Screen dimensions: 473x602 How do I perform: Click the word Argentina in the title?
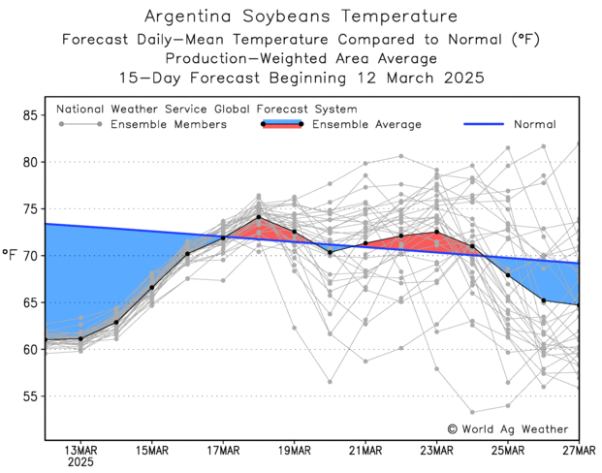pos(186,16)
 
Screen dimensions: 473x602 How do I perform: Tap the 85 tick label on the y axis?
pos(30,115)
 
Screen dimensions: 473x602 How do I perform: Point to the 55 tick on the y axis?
pos(30,396)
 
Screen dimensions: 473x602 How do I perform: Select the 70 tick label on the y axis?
pos(30,256)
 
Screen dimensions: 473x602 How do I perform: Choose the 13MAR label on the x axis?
pos(80,451)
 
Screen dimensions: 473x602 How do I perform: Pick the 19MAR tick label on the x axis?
pos(294,451)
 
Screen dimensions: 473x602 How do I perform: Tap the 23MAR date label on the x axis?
pos(436,451)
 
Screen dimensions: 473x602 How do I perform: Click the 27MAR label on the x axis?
pos(578,451)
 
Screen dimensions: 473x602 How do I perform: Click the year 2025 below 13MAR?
pos(80,464)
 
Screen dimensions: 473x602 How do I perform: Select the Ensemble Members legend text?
pos(169,124)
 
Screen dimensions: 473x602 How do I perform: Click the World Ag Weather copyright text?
pos(508,428)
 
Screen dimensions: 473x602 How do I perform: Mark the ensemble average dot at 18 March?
pos(259,217)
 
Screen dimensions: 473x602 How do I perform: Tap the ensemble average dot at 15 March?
pos(152,288)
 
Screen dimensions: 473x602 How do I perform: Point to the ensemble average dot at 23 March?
pos(436,232)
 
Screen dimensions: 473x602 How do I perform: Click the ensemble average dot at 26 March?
pos(543,300)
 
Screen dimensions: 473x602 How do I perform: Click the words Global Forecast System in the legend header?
pos(288,110)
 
